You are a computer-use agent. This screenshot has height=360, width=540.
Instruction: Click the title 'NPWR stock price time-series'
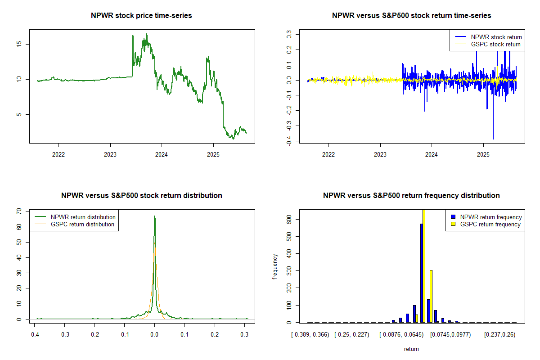pyautogui.click(x=142, y=16)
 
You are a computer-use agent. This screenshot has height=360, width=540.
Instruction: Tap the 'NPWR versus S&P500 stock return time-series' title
pyautogui.click(x=411, y=16)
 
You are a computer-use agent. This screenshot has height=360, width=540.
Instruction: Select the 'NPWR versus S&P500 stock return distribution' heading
pyautogui.click(x=142, y=196)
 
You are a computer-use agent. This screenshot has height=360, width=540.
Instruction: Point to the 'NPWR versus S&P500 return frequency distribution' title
pyautogui.click(x=411, y=196)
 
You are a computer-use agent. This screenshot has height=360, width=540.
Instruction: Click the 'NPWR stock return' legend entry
pyautogui.click(x=496, y=37)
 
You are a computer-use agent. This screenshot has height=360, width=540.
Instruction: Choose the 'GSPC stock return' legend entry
pyautogui.click(x=495, y=44)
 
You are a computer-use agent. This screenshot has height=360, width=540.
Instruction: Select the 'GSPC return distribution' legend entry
pyautogui.click(x=82, y=224)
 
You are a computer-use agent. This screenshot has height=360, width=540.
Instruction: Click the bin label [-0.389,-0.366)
pyautogui.click(x=310, y=335)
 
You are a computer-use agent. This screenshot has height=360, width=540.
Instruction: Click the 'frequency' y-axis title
pyautogui.click(x=275, y=266)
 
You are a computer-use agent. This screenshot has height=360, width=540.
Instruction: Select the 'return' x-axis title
pyautogui.click(x=411, y=349)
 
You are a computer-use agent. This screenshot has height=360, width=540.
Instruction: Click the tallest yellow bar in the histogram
pyautogui.click(x=424, y=265)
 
